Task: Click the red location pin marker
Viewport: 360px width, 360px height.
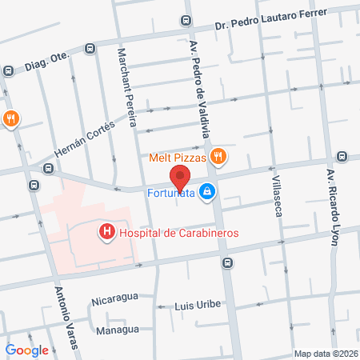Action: [x=180, y=176]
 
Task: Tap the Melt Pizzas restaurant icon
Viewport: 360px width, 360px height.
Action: [x=217, y=157]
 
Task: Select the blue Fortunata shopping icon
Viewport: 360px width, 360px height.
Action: [x=207, y=191]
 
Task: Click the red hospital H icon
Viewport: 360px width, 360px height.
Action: [x=106, y=232]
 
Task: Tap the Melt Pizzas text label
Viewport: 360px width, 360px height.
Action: [x=178, y=158]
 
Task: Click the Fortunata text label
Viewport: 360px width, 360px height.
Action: [x=170, y=191]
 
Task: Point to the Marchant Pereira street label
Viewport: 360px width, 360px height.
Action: [x=129, y=88]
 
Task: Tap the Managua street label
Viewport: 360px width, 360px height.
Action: [x=118, y=330]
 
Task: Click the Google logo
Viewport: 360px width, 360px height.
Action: [x=26, y=350]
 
